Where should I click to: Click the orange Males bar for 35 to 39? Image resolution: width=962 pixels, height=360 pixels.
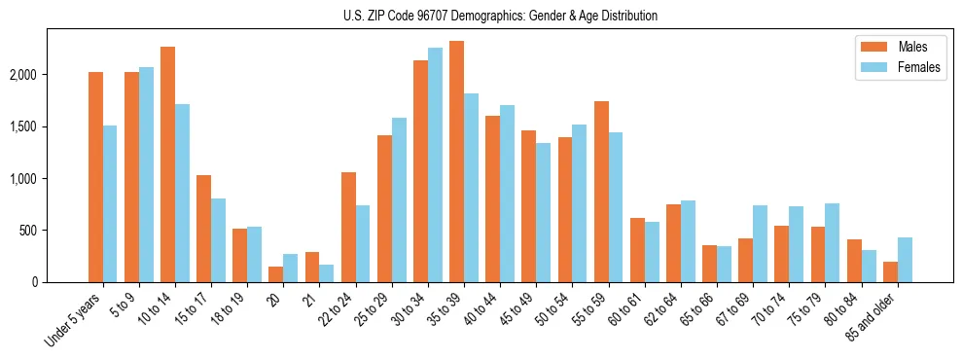click(x=456, y=162)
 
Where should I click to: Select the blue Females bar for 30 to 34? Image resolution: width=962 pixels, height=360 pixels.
click(x=435, y=165)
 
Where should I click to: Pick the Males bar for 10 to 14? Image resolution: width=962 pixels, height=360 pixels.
click(x=167, y=164)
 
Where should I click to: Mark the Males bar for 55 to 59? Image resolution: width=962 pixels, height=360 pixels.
click(x=601, y=192)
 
